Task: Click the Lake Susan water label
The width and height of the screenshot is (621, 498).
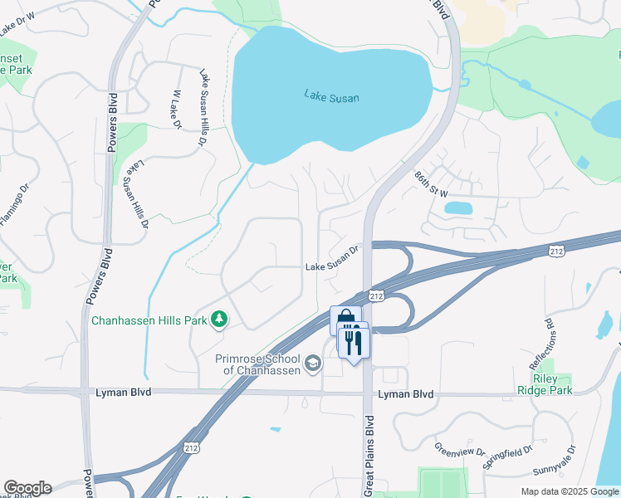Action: click(x=331, y=98)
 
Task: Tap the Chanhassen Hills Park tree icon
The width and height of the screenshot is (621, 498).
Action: click(x=219, y=320)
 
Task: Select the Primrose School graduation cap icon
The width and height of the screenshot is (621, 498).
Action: click(x=313, y=362)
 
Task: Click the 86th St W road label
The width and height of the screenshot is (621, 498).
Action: click(x=431, y=185)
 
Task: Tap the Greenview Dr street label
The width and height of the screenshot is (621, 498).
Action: click(x=459, y=449)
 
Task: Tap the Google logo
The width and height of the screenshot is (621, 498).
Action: click(x=27, y=488)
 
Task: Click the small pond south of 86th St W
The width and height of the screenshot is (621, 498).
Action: click(x=458, y=207)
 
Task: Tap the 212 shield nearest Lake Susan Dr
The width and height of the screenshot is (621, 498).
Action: click(x=376, y=295)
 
